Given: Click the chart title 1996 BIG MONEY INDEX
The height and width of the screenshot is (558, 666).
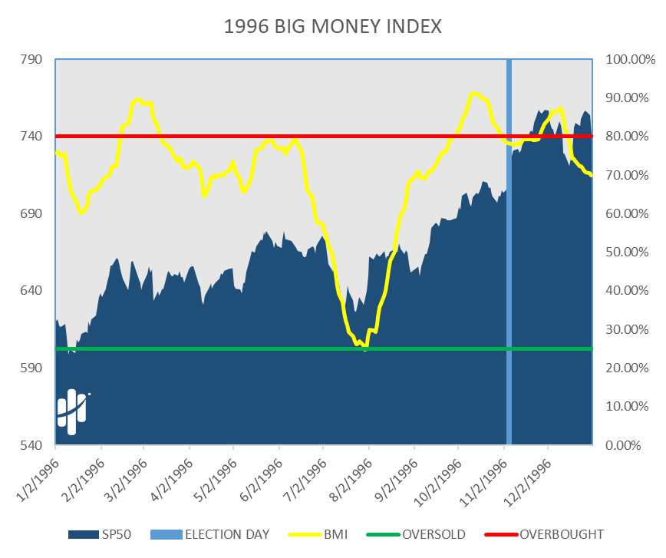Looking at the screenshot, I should tap(333, 27).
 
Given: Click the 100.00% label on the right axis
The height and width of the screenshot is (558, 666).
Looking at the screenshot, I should tap(629, 60).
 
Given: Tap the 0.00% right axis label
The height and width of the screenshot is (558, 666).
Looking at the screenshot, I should tap(623, 445).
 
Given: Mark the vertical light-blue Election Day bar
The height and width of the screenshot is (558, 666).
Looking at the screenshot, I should tap(508, 253).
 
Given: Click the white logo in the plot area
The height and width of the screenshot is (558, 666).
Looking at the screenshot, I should tap(72, 411).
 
